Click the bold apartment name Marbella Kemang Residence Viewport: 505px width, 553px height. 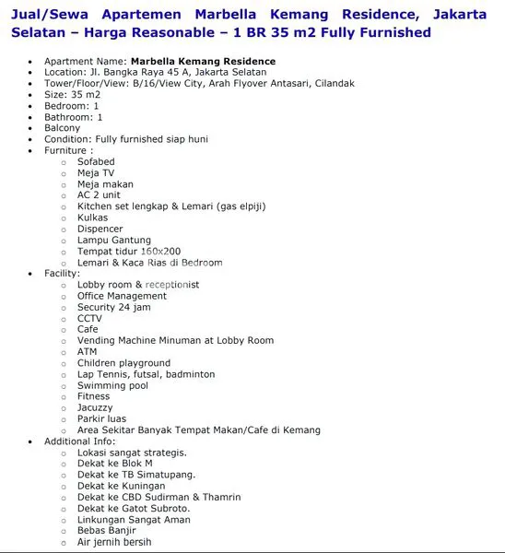tap(203, 61)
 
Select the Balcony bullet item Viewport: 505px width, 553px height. tap(63, 128)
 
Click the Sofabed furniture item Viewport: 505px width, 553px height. tap(96, 161)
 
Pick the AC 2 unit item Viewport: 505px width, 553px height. tap(99, 195)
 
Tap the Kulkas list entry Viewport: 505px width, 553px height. tap(92, 218)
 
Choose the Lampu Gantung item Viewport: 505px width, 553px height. tap(114, 240)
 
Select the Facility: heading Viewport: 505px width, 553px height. tap(62, 274)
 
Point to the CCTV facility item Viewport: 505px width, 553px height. tap(89, 318)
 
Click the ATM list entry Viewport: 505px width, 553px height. tap(87, 351)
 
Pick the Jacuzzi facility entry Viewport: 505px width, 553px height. tap(95, 407)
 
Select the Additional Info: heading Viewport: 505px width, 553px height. tap(79, 441)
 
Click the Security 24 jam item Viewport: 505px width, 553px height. tap(113, 307)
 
